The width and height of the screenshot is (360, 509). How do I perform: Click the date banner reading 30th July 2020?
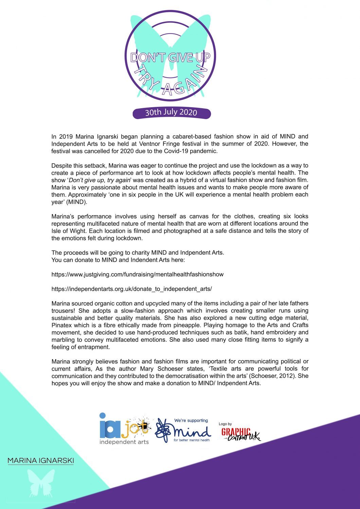[171, 112]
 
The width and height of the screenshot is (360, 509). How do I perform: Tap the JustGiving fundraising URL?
[138, 274]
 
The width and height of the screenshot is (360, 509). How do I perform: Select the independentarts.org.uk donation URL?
[131, 289]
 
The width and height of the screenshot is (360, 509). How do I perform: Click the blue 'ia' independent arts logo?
[110, 426]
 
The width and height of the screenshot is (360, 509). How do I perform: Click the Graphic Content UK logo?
[240, 434]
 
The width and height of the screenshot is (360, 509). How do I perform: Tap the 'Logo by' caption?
[225, 424]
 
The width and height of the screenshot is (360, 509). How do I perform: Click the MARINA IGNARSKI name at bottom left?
[40, 461]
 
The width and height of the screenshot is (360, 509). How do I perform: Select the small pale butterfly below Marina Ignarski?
[41, 483]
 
